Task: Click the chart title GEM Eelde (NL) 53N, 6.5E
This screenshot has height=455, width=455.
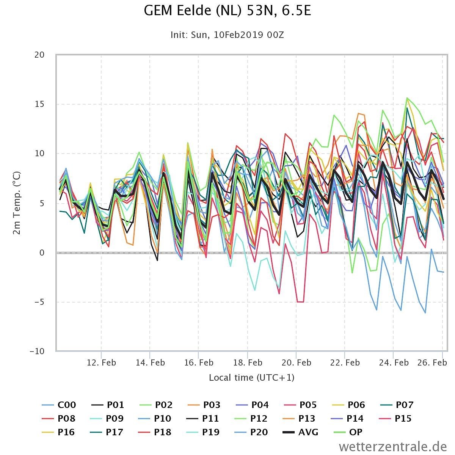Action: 227,11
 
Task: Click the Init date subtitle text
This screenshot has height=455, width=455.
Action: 227,35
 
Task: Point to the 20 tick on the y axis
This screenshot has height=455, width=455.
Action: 39,55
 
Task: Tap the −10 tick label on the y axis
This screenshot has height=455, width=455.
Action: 37,351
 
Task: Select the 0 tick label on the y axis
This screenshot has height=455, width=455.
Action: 42,253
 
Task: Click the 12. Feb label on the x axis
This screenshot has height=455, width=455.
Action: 101,362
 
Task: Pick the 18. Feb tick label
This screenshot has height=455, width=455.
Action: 248,362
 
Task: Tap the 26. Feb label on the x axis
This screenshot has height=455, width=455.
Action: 432,362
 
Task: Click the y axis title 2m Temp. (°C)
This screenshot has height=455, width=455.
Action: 17,203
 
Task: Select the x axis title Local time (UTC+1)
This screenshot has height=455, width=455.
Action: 251,378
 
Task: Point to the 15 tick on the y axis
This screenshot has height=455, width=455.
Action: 39,104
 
